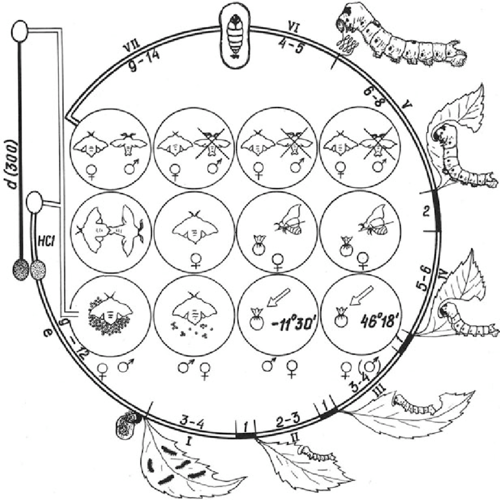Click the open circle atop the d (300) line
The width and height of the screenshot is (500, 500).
tap(21, 29)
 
